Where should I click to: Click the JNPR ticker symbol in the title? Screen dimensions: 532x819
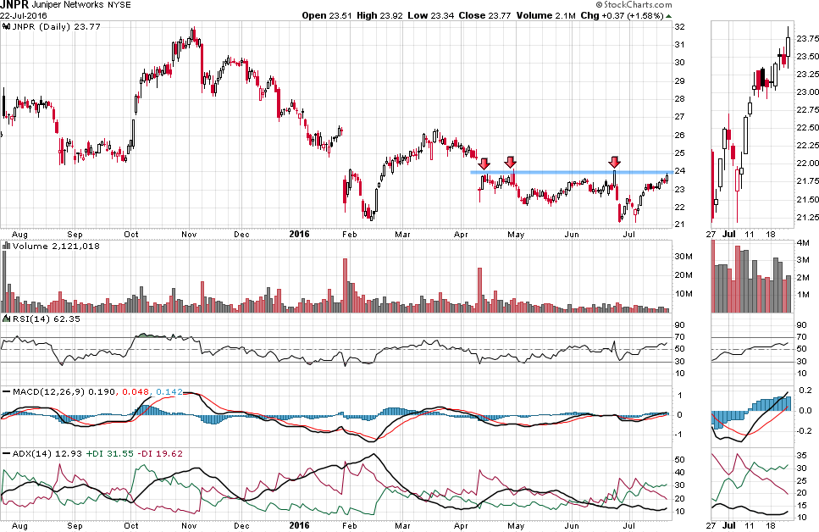(14, 4)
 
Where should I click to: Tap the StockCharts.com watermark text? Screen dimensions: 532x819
(777, 5)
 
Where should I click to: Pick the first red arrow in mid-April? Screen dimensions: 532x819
(484, 163)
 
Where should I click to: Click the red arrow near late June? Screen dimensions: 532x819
(615, 161)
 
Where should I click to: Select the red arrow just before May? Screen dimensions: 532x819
(510, 161)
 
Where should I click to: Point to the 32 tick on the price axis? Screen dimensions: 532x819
(678, 25)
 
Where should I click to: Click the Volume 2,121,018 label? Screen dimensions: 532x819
(41, 246)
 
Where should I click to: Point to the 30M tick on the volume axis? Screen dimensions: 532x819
(681, 256)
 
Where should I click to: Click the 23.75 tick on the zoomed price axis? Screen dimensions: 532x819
(805, 38)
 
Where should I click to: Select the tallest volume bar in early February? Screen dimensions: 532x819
(345, 285)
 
